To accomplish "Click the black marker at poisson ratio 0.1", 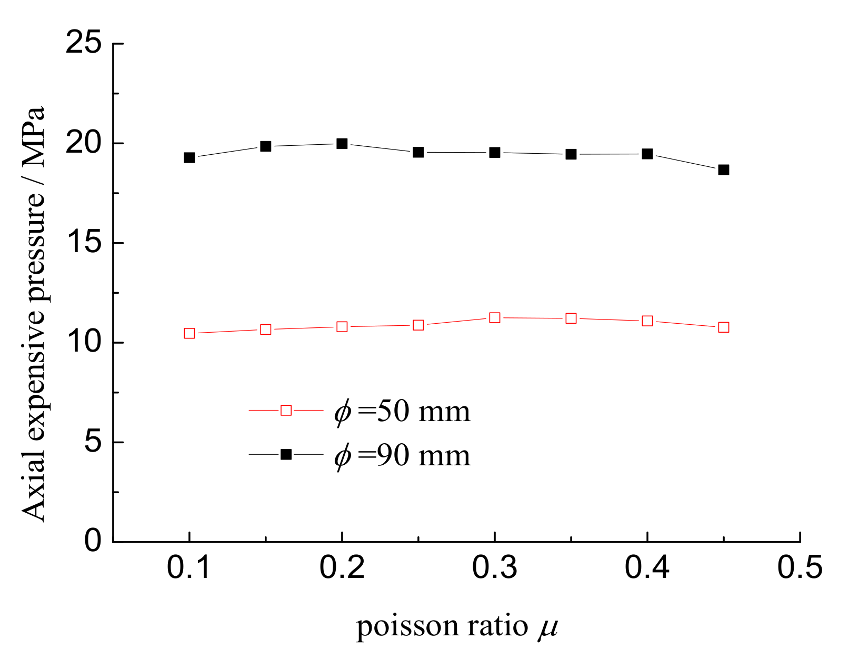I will pos(189,157).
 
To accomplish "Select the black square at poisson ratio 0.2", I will pos(342,144).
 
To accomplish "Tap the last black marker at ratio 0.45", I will pos(724,170).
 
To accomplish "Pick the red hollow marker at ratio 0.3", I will pos(495,317).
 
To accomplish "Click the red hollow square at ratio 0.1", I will pos(189,333).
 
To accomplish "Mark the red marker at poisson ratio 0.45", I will pos(724,327).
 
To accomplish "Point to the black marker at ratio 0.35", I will pos(571,154).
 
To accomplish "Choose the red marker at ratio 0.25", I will pos(418,325).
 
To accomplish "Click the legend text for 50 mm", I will pos(403,412).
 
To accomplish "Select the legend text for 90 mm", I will pos(403,456).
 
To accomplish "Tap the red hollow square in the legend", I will pos(286,410).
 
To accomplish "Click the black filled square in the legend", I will pos(286,454).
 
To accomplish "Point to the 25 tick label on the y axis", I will pos(83,43).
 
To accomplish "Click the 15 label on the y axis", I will pos(83,243).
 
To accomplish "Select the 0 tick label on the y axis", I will pos(93,541).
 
